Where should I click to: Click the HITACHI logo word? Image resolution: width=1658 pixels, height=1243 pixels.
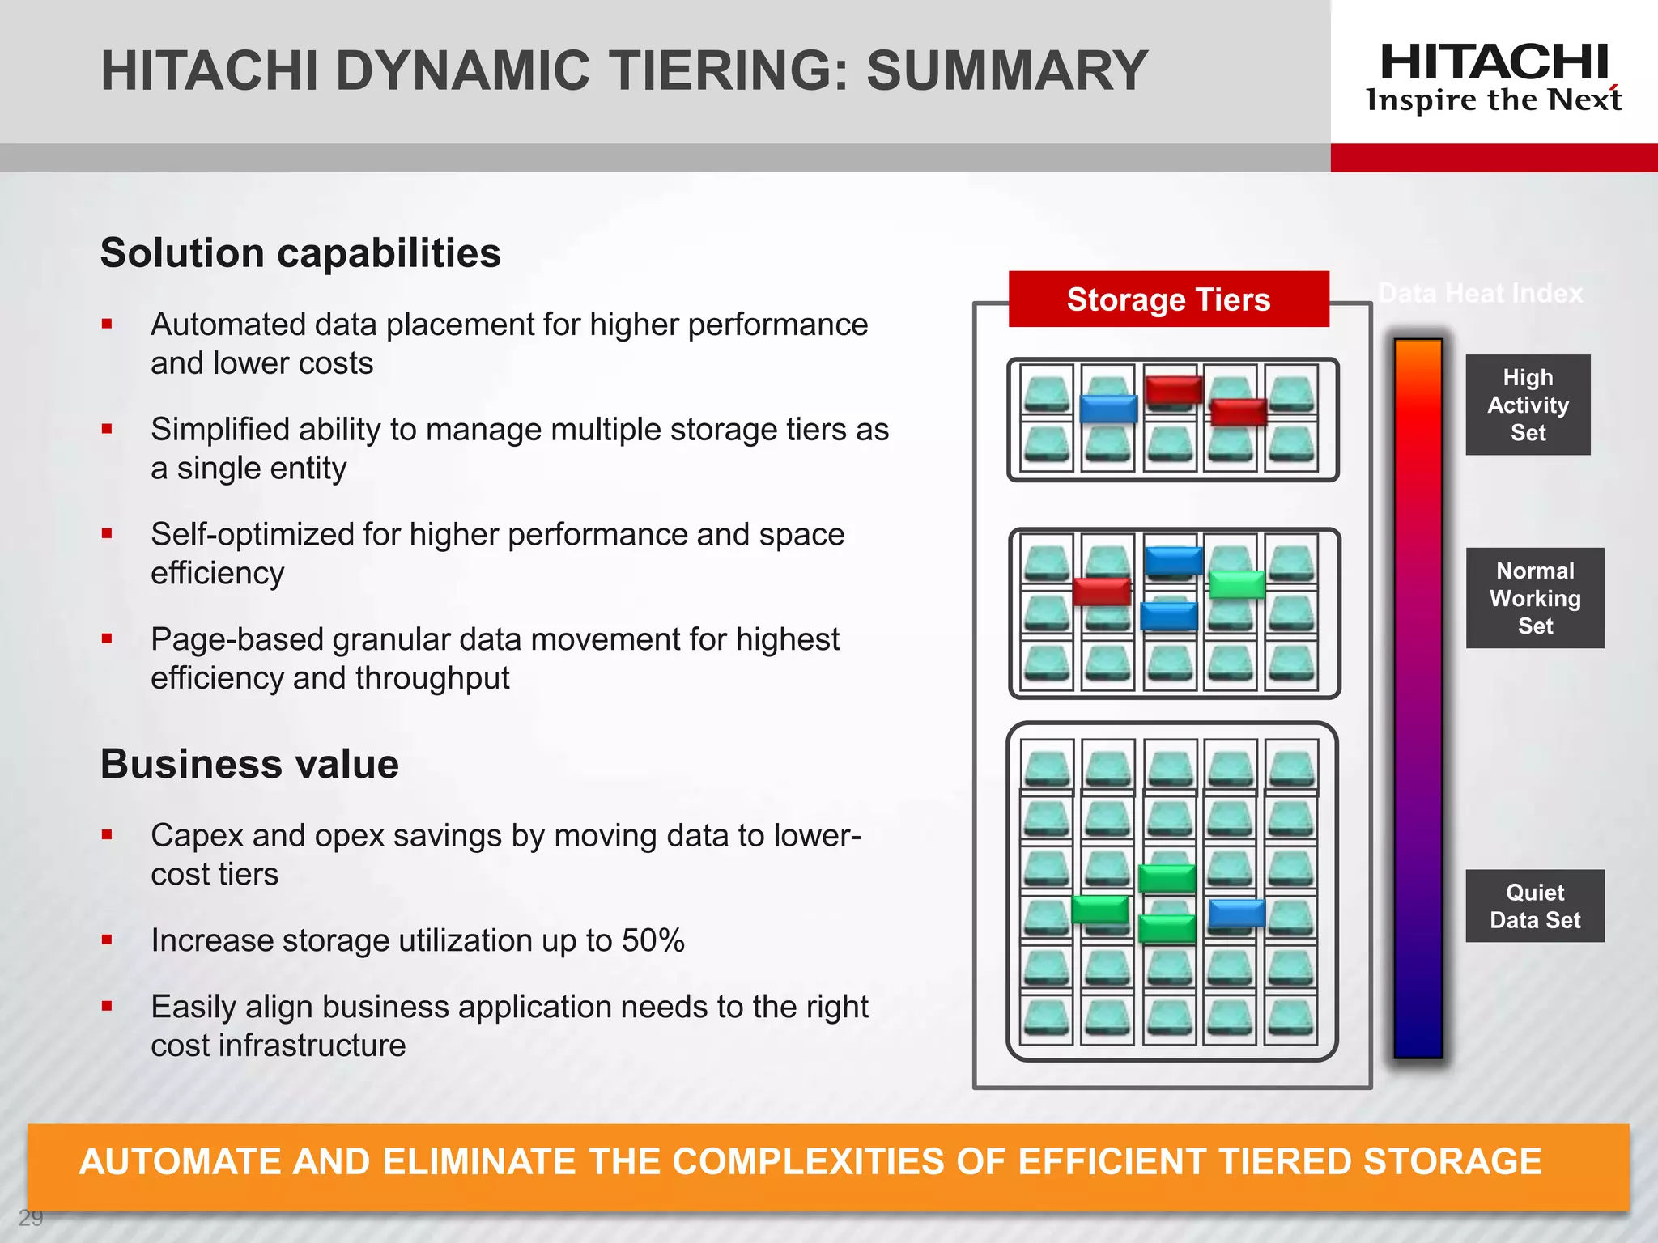(x=1494, y=63)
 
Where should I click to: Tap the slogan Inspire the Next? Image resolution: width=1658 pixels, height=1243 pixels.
(x=1494, y=100)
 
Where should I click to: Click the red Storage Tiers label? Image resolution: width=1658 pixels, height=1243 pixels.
(x=1168, y=299)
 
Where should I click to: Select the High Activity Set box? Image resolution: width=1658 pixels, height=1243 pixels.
(x=1528, y=405)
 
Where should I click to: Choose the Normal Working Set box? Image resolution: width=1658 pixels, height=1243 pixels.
(x=1534, y=598)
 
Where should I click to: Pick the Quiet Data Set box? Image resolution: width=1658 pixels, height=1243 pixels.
(x=1534, y=906)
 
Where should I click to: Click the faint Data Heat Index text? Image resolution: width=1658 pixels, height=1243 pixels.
(x=1480, y=293)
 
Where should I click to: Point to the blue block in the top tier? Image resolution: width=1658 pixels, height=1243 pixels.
(x=1108, y=409)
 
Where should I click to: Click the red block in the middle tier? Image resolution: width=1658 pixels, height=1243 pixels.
(x=1101, y=592)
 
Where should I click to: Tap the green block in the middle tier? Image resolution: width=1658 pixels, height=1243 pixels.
(x=1236, y=584)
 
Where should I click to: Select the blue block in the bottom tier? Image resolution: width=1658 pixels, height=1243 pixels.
(x=1236, y=914)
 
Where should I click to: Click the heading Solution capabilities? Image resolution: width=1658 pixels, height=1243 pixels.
(x=300, y=252)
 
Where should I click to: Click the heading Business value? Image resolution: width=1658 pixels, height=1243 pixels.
(x=249, y=764)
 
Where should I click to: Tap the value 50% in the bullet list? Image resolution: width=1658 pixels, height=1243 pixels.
(x=653, y=940)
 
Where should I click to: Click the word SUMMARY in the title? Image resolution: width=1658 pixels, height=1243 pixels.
(x=1007, y=70)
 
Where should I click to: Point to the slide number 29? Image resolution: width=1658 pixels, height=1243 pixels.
(x=31, y=1218)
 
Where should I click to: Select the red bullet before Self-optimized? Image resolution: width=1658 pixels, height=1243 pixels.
(x=107, y=534)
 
